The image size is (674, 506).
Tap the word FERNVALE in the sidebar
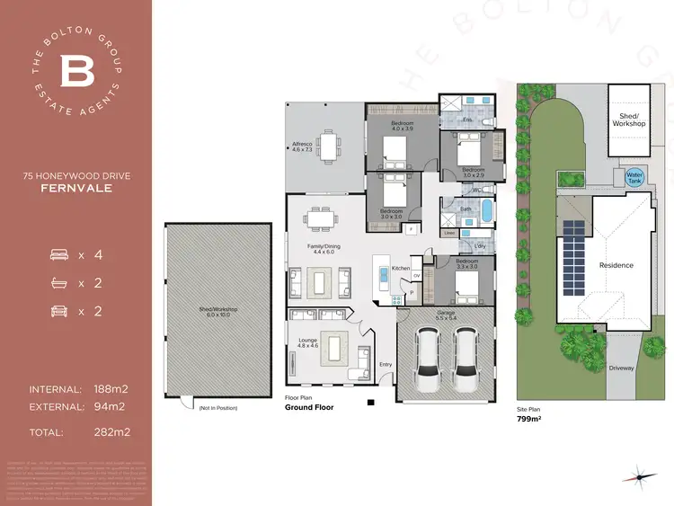76,189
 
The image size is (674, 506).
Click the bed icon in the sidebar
59,255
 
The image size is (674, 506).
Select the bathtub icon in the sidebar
59,283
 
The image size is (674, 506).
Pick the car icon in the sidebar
59,311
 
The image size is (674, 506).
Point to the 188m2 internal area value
111,389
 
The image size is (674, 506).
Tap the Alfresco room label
302,146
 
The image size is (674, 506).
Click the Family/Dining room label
323,248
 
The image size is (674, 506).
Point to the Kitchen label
401,268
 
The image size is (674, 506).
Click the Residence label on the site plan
616,265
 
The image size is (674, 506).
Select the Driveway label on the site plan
621,368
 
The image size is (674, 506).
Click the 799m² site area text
528,419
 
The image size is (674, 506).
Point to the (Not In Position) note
217,409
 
